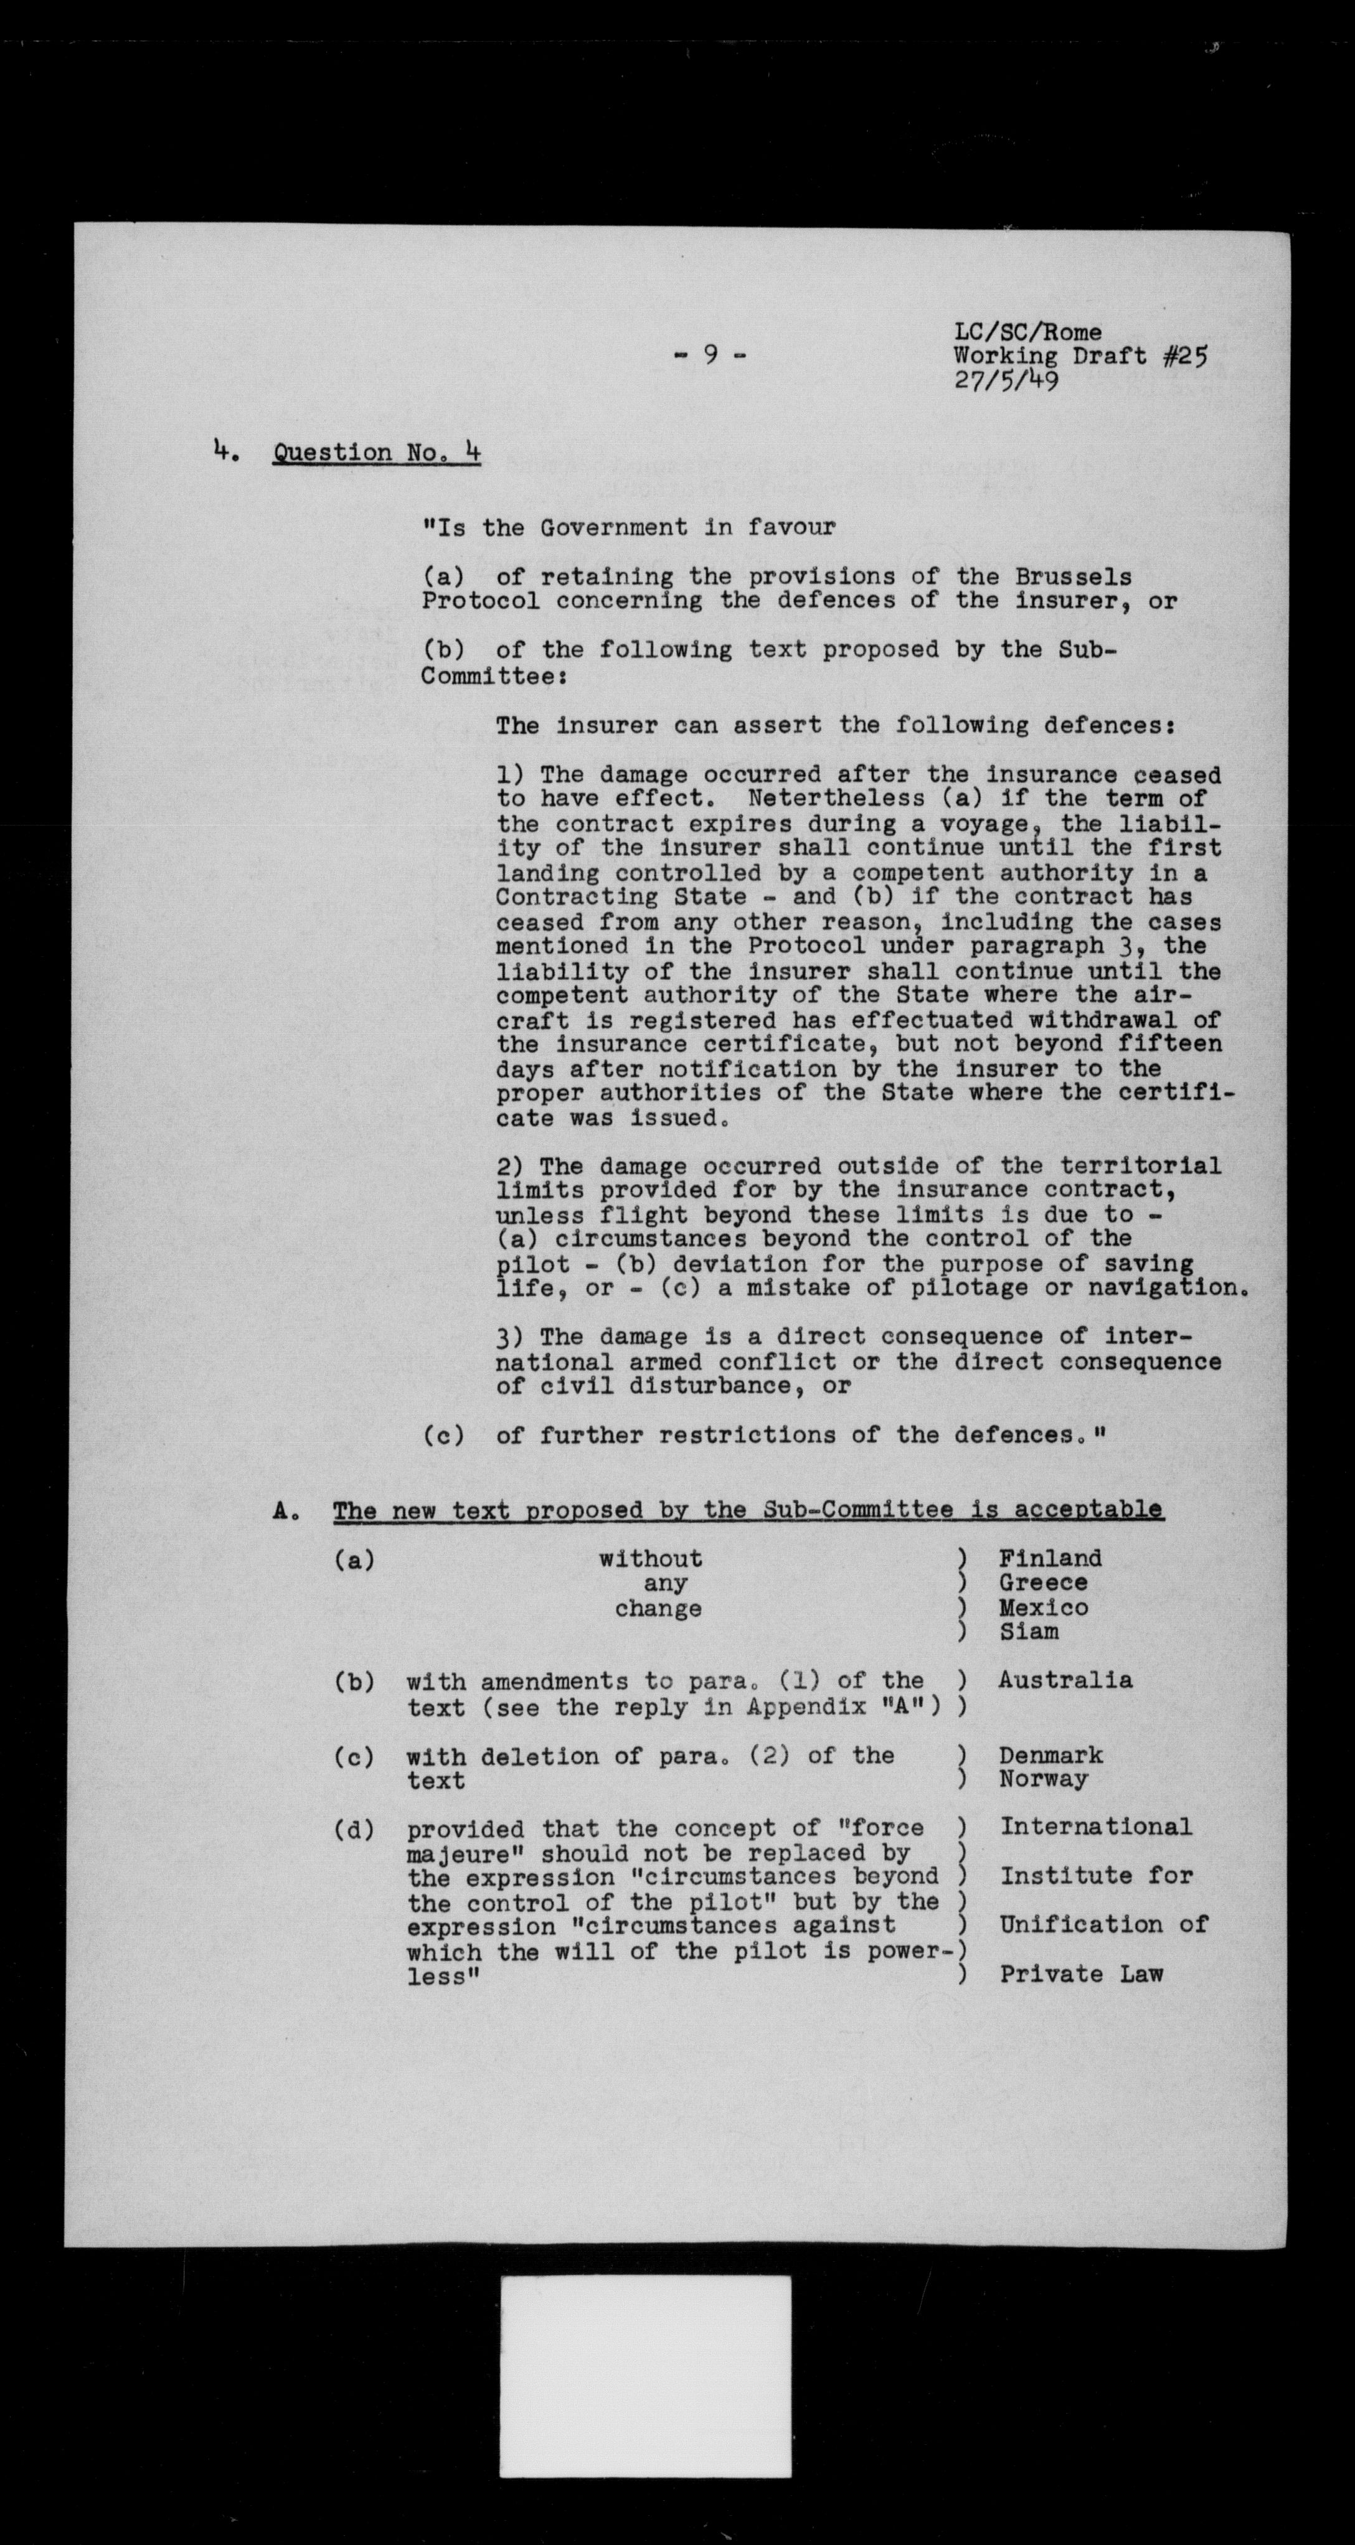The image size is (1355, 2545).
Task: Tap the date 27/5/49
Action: click(1006, 380)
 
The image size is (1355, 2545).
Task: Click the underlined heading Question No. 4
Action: click(377, 453)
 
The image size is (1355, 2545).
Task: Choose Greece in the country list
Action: click(1042, 1583)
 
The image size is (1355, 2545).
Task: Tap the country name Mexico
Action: click(1042, 1607)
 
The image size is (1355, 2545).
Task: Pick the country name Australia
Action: click(1064, 1680)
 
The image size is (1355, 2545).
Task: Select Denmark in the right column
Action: click(1050, 1756)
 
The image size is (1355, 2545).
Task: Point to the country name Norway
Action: click(1042, 1779)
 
